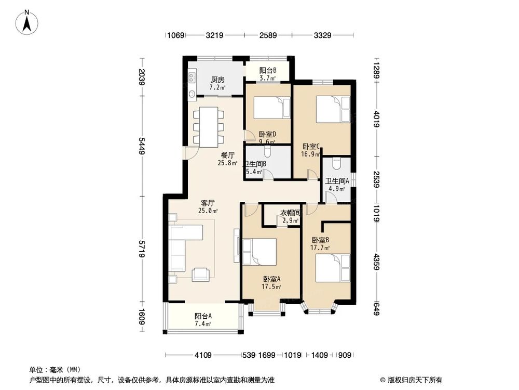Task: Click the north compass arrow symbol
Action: coord(29,22)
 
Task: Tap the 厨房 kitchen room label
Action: coord(217,80)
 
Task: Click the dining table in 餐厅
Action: coord(208,127)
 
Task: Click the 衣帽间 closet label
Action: coord(290,213)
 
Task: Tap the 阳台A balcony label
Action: coord(203,316)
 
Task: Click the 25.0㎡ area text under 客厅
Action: coord(208,211)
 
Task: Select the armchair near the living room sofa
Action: coord(201,274)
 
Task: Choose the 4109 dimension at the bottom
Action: coord(203,356)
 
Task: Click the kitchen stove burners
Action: coord(192,79)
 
